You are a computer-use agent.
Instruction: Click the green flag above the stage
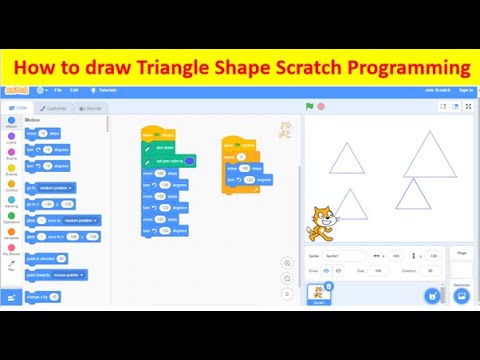click(309, 105)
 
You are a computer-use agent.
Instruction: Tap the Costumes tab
click(54, 108)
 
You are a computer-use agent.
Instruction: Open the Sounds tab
click(90, 108)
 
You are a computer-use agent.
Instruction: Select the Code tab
click(19, 108)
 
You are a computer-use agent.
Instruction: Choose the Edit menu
click(74, 90)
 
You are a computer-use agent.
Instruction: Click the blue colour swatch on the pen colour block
click(190, 160)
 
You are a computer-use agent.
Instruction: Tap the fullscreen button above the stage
click(466, 106)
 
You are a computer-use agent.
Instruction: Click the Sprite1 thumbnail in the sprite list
click(318, 294)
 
